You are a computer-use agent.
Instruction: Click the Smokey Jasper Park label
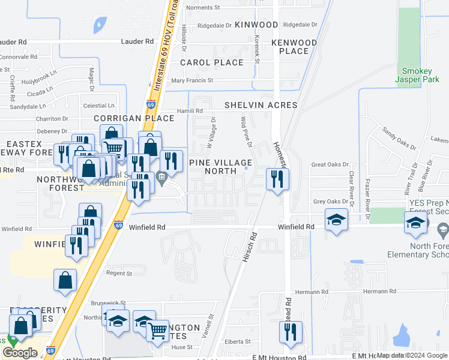click(x=417, y=74)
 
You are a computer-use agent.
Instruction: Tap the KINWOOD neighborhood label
click(x=256, y=25)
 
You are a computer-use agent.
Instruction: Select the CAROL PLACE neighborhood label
click(x=212, y=62)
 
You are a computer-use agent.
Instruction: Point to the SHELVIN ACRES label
click(x=261, y=105)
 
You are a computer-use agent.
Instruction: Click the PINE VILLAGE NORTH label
click(x=221, y=167)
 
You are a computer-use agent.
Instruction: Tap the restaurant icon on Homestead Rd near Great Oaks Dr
click(x=277, y=179)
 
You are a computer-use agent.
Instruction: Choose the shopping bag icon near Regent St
click(x=65, y=280)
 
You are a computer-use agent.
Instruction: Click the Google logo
click(x=20, y=353)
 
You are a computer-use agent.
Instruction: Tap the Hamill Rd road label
click(x=190, y=111)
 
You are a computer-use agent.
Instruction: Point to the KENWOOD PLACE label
click(x=294, y=47)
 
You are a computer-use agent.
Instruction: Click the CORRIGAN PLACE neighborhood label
click(x=133, y=118)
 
